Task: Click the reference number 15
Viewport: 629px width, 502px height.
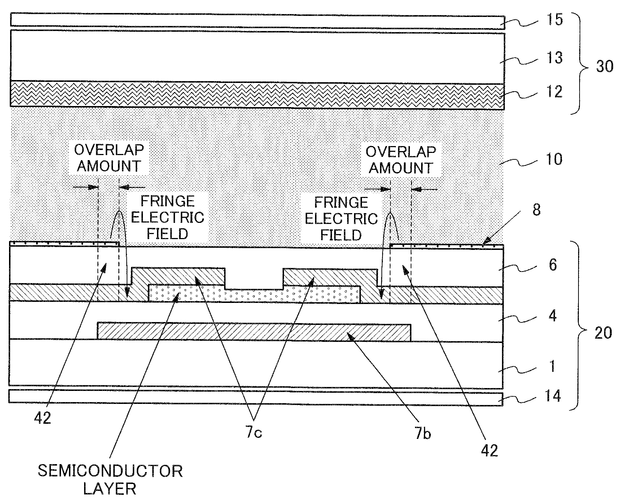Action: point(555,19)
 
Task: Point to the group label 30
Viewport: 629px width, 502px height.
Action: point(604,66)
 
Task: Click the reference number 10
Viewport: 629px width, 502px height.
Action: point(554,159)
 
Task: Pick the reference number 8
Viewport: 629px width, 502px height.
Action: point(537,210)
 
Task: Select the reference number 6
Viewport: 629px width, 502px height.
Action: point(553,265)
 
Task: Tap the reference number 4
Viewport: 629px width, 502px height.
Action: point(552,316)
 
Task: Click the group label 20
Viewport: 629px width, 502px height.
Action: point(603,333)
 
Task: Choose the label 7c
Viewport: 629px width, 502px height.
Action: point(254,432)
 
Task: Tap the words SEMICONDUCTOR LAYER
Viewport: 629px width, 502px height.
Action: point(110,480)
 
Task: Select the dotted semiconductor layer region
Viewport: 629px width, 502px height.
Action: point(254,294)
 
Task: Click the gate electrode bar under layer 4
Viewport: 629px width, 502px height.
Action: point(254,331)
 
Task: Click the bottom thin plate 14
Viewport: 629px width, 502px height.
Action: point(255,398)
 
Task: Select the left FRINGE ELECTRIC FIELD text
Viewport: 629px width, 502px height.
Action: point(167,217)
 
